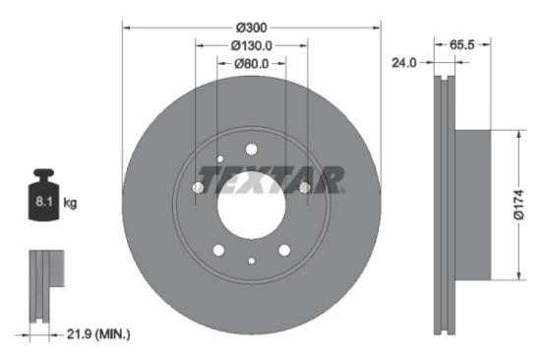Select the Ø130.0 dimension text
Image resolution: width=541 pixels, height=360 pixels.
point(251,45)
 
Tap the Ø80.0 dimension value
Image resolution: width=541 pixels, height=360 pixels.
point(251,65)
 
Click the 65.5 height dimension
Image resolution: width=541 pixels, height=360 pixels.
point(464,45)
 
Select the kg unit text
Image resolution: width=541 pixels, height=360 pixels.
point(70,203)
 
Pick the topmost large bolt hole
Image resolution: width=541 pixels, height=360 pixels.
point(251,150)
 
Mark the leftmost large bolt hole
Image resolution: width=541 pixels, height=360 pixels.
point(198,188)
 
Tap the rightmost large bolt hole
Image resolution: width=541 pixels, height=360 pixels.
point(304,188)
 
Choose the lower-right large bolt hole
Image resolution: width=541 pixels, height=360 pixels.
point(284,250)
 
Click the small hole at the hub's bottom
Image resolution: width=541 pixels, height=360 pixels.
point(251,261)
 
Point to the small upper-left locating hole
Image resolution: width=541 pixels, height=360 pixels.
point(220,158)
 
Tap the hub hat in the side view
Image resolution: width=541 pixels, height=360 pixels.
point(474,205)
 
